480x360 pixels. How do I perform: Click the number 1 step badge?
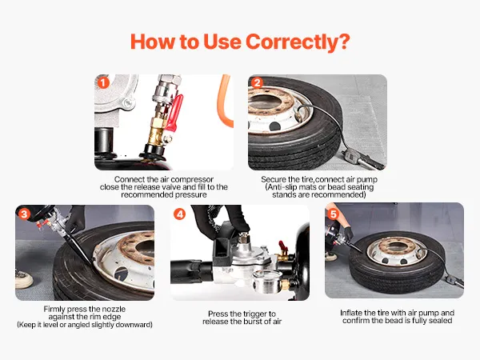103,82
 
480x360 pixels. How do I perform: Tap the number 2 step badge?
257,82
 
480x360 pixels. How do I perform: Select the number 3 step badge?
25,214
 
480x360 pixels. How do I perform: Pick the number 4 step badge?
180,214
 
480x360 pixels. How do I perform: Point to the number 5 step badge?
334,214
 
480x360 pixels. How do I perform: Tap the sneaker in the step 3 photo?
24,278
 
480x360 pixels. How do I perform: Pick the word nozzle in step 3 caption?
114,309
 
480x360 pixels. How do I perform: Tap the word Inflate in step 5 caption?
351,313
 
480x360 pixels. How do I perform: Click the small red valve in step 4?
282,246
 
